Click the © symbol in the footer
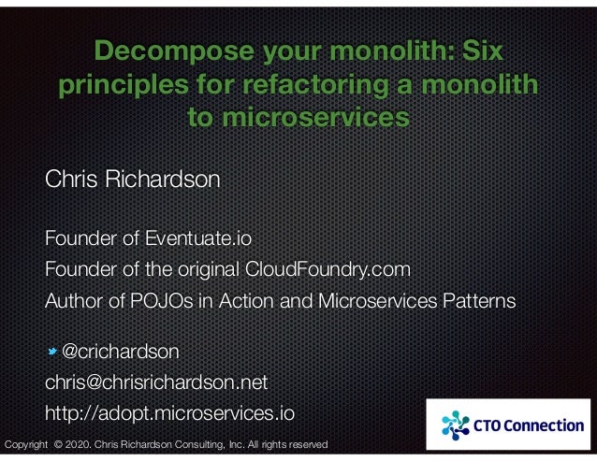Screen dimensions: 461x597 point(60,444)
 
